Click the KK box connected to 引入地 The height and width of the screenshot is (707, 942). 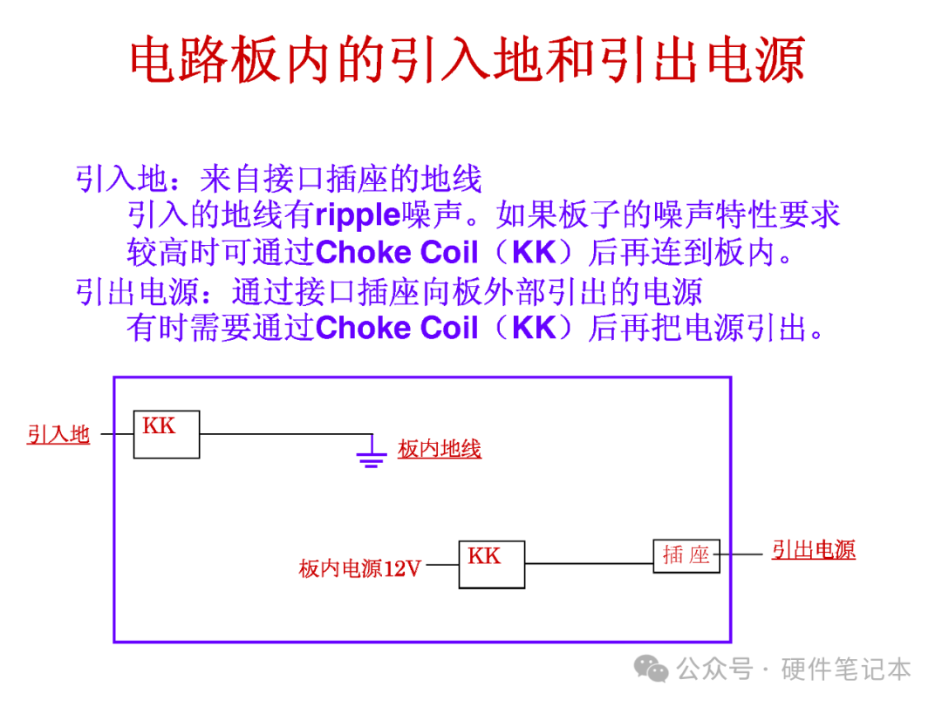(x=166, y=434)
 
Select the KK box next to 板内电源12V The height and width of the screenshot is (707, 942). (x=492, y=564)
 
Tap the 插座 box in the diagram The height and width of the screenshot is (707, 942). (x=686, y=555)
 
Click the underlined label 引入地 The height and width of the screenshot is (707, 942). (x=58, y=434)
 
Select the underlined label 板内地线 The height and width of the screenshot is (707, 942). (x=440, y=449)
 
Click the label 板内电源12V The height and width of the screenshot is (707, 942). (x=360, y=569)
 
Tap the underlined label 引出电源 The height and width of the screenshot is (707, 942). (x=813, y=550)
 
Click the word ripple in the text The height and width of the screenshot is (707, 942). (x=357, y=215)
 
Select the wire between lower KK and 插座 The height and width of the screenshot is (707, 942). (x=589, y=563)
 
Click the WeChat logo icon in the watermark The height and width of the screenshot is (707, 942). (x=652, y=669)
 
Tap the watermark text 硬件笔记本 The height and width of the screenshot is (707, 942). (x=846, y=670)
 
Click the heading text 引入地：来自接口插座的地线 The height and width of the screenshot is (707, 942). (x=279, y=179)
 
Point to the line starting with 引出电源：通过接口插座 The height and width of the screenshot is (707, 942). (x=389, y=291)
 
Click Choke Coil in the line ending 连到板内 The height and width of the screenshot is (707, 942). (x=397, y=253)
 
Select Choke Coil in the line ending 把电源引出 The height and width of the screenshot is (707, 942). (x=397, y=329)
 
